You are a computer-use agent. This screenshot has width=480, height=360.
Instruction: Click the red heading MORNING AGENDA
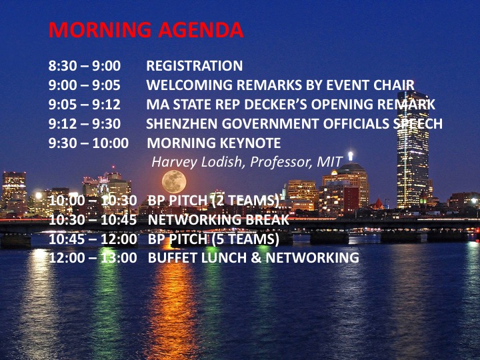[x=146, y=30]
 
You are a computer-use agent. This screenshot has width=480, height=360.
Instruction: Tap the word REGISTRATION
[x=195, y=66]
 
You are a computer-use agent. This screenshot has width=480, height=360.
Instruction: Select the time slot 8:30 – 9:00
[x=85, y=66]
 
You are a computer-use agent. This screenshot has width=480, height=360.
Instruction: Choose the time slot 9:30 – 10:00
[x=89, y=143]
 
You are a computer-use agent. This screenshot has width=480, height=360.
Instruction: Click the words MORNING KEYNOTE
[x=214, y=143]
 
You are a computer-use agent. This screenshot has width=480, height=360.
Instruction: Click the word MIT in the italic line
[x=329, y=162]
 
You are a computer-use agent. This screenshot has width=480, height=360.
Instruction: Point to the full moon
[x=174, y=181]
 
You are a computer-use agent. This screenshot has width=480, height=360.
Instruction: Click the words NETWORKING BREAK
[x=218, y=220]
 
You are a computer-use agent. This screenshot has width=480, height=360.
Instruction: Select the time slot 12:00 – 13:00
[x=93, y=258]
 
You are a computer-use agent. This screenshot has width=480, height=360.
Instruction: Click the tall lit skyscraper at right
[x=413, y=150]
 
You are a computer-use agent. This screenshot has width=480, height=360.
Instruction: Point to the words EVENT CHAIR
[x=370, y=85]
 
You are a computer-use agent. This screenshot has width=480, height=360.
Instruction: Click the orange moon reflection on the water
[x=173, y=294]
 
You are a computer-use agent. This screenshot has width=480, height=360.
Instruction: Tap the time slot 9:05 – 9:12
[x=85, y=105]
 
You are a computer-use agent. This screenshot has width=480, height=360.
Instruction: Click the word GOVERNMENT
[x=270, y=124]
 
